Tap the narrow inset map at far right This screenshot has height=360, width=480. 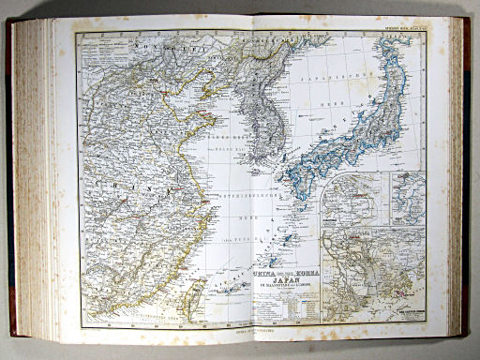[407, 199]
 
